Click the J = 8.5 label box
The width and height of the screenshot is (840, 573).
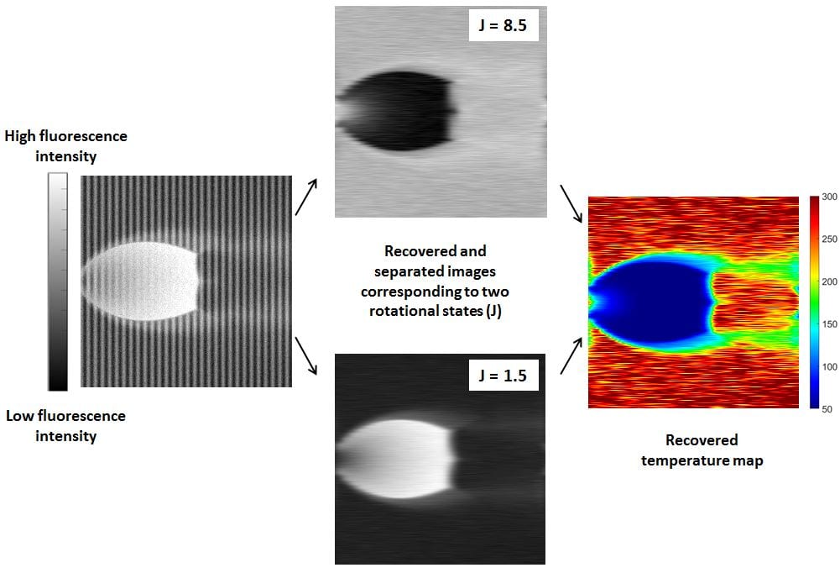click(x=503, y=24)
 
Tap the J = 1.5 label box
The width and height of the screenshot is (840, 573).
click(x=503, y=375)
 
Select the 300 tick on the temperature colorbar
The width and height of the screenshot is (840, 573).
click(x=829, y=197)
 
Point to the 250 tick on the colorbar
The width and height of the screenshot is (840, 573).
click(x=829, y=239)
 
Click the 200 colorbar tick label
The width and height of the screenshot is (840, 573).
click(x=829, y=281)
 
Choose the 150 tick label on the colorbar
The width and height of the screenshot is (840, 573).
click(x=829, y=324)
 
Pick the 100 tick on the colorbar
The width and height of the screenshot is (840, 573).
click(x=829, y=367)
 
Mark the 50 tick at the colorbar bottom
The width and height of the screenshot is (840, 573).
click(x=827, y=409)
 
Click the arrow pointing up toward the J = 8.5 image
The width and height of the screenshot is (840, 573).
click(x=306, y=197)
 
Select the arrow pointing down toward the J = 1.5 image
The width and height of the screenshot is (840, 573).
click(x=306, y=355)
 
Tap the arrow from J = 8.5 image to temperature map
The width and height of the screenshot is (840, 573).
click(x=571, y=203)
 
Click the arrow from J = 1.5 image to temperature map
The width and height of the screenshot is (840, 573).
click(x=571, y=355)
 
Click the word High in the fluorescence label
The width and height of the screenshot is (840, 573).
click(x=20, y=136)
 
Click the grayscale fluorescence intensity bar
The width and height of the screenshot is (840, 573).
click(x=58, y=281)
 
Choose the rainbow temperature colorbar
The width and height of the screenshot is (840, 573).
click(x=814, y=302)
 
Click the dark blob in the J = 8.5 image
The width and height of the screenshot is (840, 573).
click(x=399, y=111)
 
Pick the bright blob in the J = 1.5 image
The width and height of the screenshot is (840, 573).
click(x=396, y=459)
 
